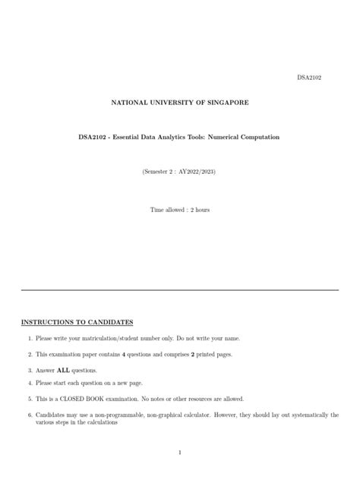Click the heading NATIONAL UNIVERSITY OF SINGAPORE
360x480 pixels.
point(179,102)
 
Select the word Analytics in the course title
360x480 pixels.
point(164,137)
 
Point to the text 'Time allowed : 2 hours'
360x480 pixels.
point(179,209)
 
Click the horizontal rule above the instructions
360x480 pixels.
point(179,290)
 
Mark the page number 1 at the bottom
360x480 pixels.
point(179,453)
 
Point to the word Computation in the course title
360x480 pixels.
point(257,137)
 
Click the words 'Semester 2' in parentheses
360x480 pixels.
point(159,172)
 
